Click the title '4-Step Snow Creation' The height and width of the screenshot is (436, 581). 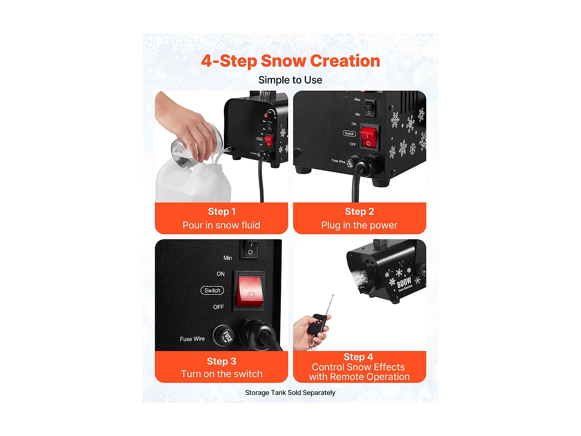point(290,61)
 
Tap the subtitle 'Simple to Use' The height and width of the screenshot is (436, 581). point(290,80)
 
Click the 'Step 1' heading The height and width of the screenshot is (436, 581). point(222,212)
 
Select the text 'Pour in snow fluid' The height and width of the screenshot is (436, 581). point(222,225)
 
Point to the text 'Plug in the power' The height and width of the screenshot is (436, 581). point(359,225)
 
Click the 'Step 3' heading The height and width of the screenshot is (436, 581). point(222,361)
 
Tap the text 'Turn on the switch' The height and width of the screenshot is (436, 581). point(222,374)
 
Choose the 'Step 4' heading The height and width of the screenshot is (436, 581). point(358,357)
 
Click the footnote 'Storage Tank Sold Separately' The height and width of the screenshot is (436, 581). point(290,393)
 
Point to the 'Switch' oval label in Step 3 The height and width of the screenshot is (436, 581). point(212,290)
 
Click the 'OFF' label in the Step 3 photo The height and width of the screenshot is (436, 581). point(218,307)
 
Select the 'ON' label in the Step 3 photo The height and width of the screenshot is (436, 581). point(220,274)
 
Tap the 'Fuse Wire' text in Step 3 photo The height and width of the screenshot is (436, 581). point(192,339)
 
